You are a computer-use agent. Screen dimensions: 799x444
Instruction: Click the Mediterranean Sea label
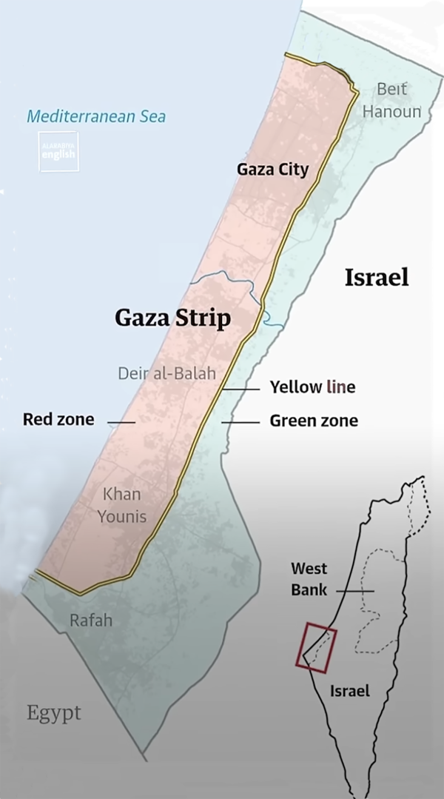coord(96,116)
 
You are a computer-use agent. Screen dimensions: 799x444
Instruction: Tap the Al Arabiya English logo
coord(58,152)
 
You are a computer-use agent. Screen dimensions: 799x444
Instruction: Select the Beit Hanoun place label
coord(391,100)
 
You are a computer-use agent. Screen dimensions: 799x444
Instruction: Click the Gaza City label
coord(272,170)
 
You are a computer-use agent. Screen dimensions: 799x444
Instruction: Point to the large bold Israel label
coord(376,278)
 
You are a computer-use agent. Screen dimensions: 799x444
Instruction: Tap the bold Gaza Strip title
coord(172,318)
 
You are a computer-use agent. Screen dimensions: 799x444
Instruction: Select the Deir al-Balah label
coord(166,373)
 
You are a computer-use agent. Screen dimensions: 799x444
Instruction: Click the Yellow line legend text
coord(312,387)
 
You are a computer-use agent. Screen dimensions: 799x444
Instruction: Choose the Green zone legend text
coord(313,421)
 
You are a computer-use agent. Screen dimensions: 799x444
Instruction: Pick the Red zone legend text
coord(58,420)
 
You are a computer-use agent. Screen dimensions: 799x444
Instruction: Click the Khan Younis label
coord(122,505)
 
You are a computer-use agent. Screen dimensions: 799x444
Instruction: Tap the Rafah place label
coord(91,620)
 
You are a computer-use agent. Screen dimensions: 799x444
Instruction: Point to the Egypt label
coord(54,714)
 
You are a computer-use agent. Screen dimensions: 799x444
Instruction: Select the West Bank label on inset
coord(309,579)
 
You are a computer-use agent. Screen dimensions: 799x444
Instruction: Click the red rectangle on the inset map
coord(317,649)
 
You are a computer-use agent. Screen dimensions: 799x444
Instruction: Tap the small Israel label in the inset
coord(349,692)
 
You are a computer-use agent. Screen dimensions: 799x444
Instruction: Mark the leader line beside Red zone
coord(121,422)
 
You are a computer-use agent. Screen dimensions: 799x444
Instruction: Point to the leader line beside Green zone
coord(240,421)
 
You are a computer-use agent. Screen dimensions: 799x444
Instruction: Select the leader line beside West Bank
coord(355,591)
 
